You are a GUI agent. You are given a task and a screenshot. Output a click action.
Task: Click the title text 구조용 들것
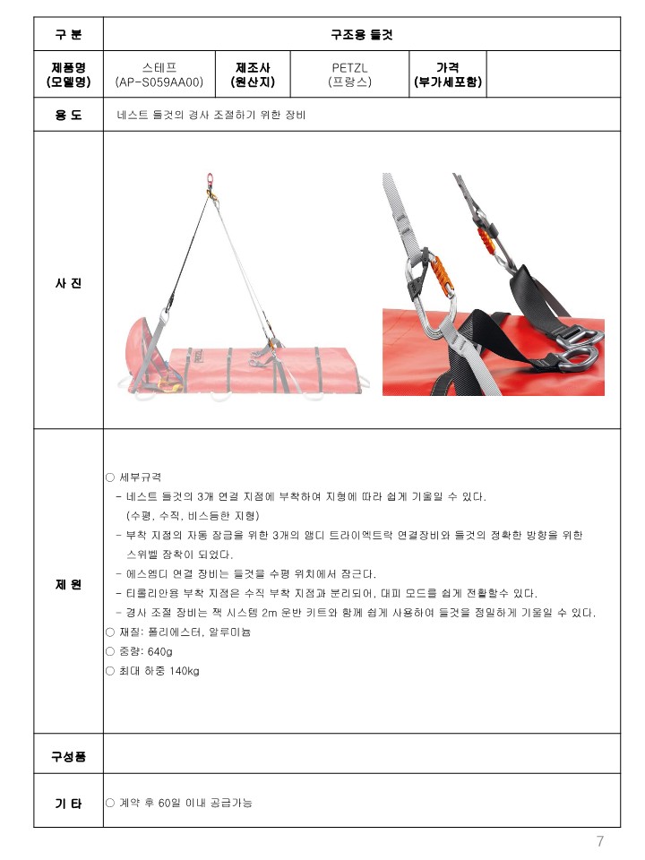pyautogui.click(x=361, y=35)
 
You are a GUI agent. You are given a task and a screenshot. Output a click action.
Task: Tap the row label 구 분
pyautogui.click(x=69, y=35)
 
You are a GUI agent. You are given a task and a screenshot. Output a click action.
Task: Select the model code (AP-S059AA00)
pyautogui.click(x=159, y=82)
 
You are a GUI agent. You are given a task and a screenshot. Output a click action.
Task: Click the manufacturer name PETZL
pyautogui.click(x=349, y=68)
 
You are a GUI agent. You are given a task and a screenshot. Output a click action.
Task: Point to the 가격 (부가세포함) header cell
pyautogui.click(x=448, y=74)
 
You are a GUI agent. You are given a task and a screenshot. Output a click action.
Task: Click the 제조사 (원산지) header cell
pyautogui.click(x=253, y=74)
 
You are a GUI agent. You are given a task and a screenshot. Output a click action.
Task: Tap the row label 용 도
pyautogui.click(x=69, y=115)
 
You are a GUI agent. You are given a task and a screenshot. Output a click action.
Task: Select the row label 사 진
pyautogui.click(x=69, y=283)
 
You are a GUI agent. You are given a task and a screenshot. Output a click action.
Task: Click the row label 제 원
pyautogui.click(x=69, y=585)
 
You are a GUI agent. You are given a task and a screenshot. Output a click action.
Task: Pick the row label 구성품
pyautogui.click(x=69, y=757)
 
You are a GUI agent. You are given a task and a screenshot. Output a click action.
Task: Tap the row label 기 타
pyautogui.click(x=69, y=804)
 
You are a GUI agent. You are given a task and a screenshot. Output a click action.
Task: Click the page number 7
pyautogui.click(x=600, y=841)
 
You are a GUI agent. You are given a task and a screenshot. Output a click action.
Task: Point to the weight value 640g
pyautogui.click(x=160, y=651)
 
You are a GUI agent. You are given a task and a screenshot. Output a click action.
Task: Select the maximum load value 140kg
pyautogui.click(x=185, y=671)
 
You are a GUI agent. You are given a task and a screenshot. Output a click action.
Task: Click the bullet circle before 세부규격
pyautogui.click(x=109, y=477)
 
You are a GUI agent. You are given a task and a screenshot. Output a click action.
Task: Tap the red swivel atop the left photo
pyautogui.click(x=210, y=179)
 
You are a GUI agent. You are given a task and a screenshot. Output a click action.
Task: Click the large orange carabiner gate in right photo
pyautogui.click(x=443, y=276)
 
